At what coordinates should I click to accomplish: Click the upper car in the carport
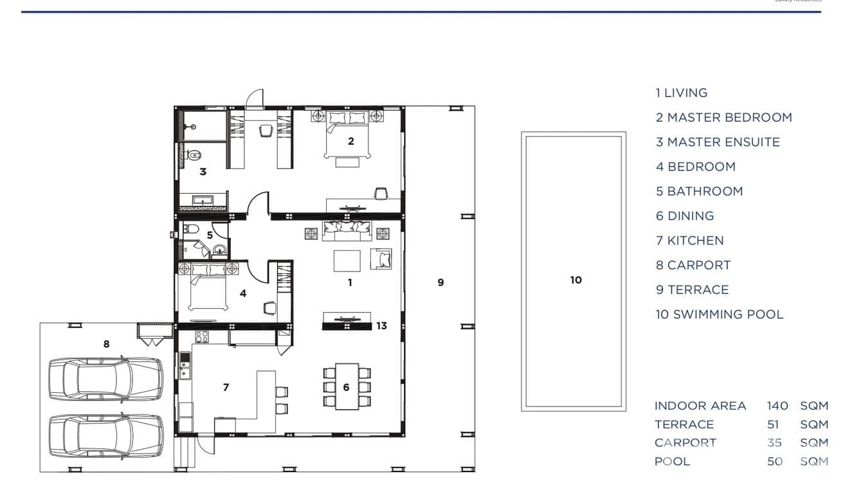coord(106,380)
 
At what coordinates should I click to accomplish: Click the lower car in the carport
coord(106,435)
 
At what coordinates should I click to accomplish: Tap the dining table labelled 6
coord(347,387)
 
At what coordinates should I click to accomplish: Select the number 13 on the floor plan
coord(381,326)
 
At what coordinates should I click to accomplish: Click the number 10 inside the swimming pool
coord(576,280)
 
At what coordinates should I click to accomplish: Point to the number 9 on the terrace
coord(441,282)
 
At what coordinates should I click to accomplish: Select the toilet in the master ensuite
coord(194,154)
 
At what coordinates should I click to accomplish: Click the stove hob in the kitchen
coord(202,336)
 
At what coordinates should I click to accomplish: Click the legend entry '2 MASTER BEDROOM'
coord(723,118)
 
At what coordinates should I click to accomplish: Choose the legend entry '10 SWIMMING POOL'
coord(719,315)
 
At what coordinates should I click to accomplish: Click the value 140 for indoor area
coord(777,406)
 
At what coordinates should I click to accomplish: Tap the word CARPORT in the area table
coord(685,443)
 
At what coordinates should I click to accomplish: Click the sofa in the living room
coord(347,229)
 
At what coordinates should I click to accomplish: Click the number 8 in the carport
coord(106,344)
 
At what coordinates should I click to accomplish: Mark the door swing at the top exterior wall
coord(255,98)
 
